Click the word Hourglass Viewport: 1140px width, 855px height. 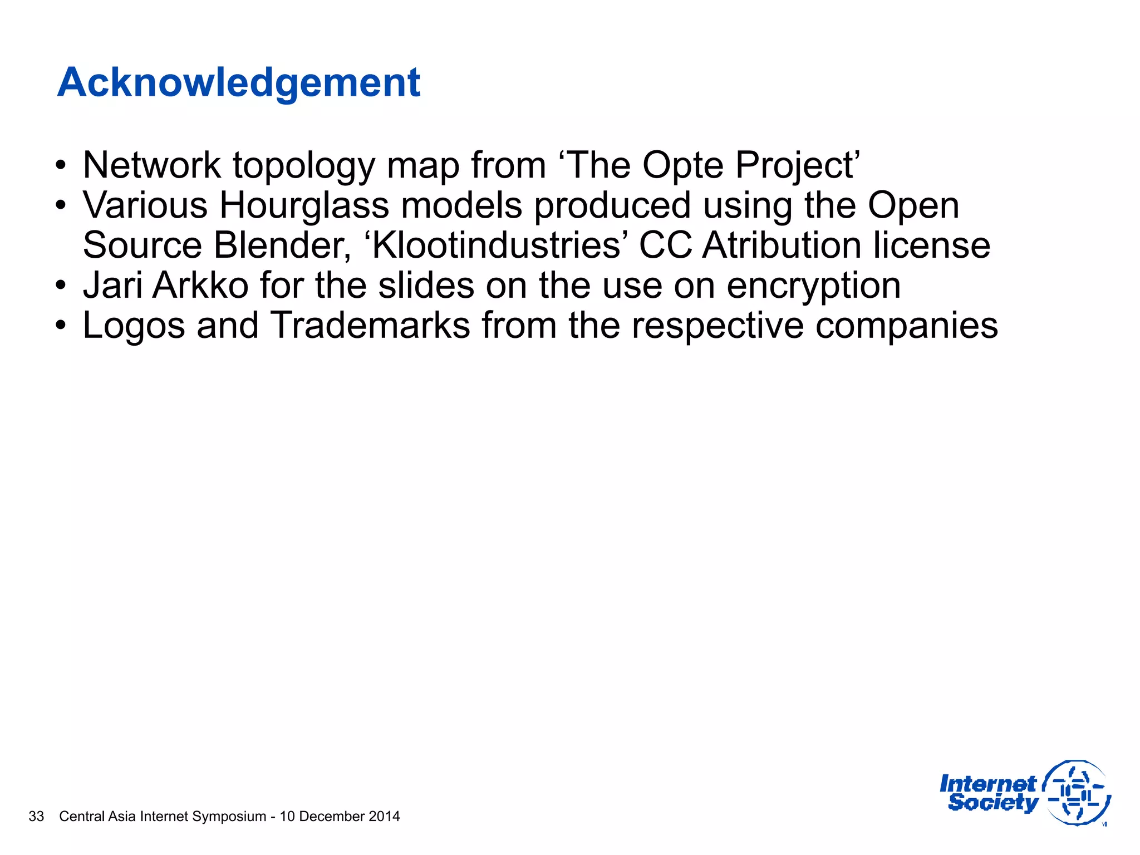(304, 205)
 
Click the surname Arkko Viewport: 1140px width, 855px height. (200, 286)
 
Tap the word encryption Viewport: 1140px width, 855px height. (813, 286)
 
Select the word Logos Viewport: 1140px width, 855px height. (134, 326)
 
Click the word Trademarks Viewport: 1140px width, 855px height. (370, 325)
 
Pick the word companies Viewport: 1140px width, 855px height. (906, 326)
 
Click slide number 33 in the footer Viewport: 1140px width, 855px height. (36, 817)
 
